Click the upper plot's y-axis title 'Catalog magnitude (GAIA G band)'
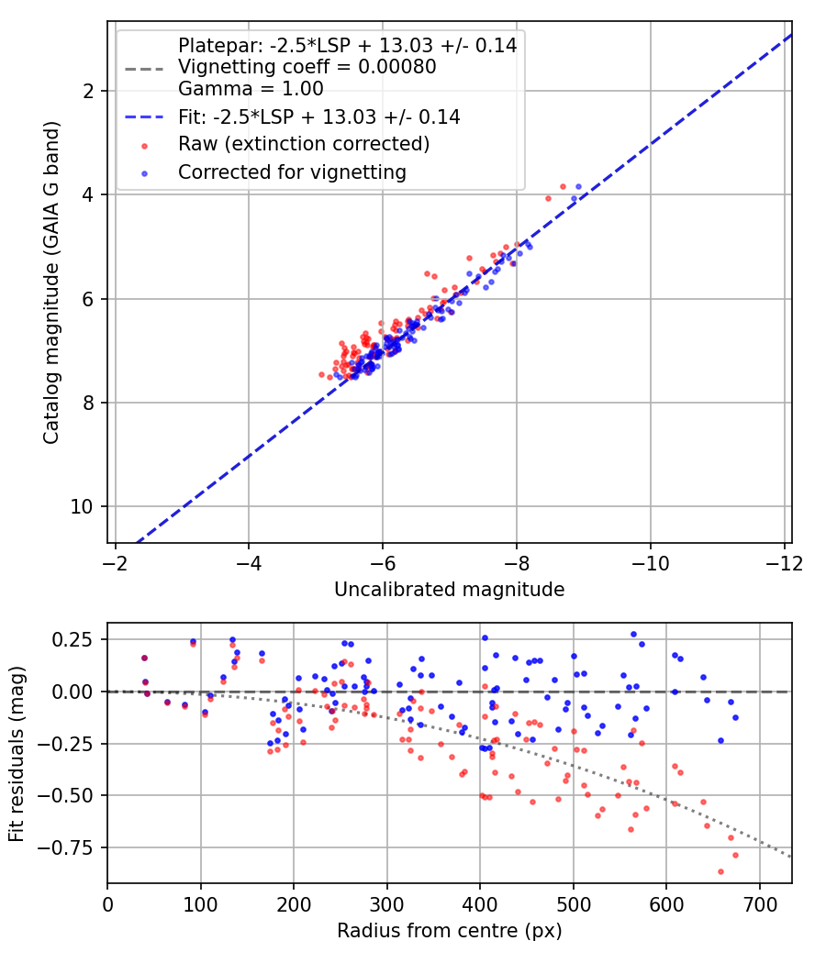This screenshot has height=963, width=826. point(51,282)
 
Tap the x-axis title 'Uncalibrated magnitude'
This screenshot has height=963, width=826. point(450,590)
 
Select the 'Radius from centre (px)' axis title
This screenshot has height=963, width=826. point(450,931)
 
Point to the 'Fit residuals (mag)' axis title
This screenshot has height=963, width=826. point(17,754)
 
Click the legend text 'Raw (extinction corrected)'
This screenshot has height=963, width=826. point(304,144)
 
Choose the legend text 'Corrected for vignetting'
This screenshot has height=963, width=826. point(293,172)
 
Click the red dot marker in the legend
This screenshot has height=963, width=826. point(144,146)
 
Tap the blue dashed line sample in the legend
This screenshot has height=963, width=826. point(144,117)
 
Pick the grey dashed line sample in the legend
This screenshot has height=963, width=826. point(144,69)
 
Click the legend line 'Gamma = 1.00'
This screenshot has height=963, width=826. point(251,88)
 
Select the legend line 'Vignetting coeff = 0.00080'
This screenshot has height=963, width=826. point(307,67)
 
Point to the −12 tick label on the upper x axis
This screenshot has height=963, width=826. point(784,563)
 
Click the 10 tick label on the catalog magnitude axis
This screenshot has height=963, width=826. point(82,506)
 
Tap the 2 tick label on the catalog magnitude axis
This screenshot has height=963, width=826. point(88,91)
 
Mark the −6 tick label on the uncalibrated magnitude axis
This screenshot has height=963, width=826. point(383,563)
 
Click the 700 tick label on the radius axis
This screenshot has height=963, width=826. point(760,904)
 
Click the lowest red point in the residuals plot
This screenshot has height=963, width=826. point(720,871)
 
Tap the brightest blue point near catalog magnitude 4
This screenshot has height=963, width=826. point(578,187)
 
